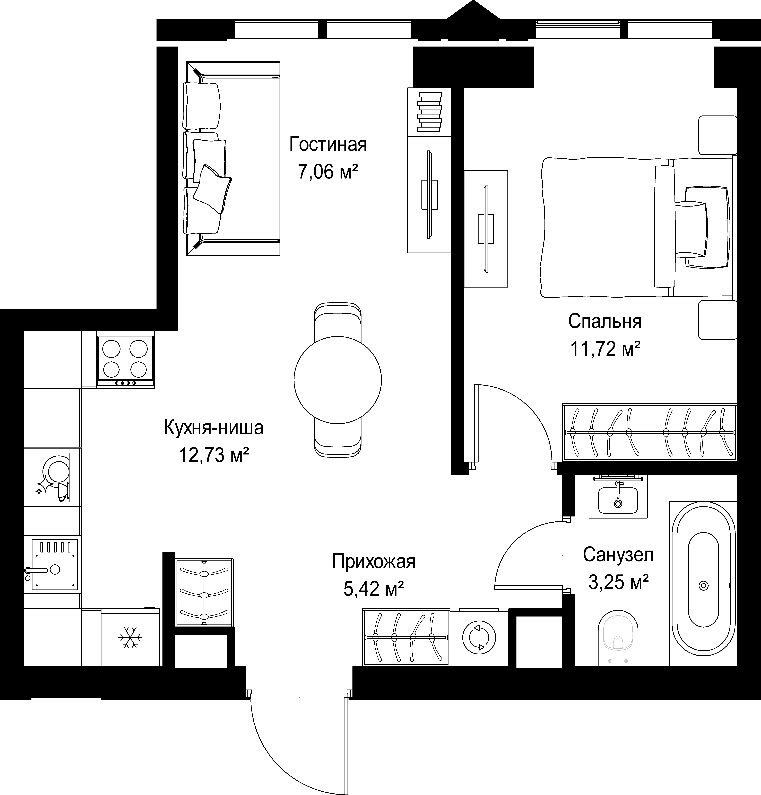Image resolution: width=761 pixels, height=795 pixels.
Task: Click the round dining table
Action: pos(338,380)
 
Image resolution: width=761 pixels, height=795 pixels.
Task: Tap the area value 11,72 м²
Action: pos(605,348)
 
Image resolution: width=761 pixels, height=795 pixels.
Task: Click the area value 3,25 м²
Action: pos(618,582)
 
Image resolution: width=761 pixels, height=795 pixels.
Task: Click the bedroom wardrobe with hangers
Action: pos(649,432)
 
